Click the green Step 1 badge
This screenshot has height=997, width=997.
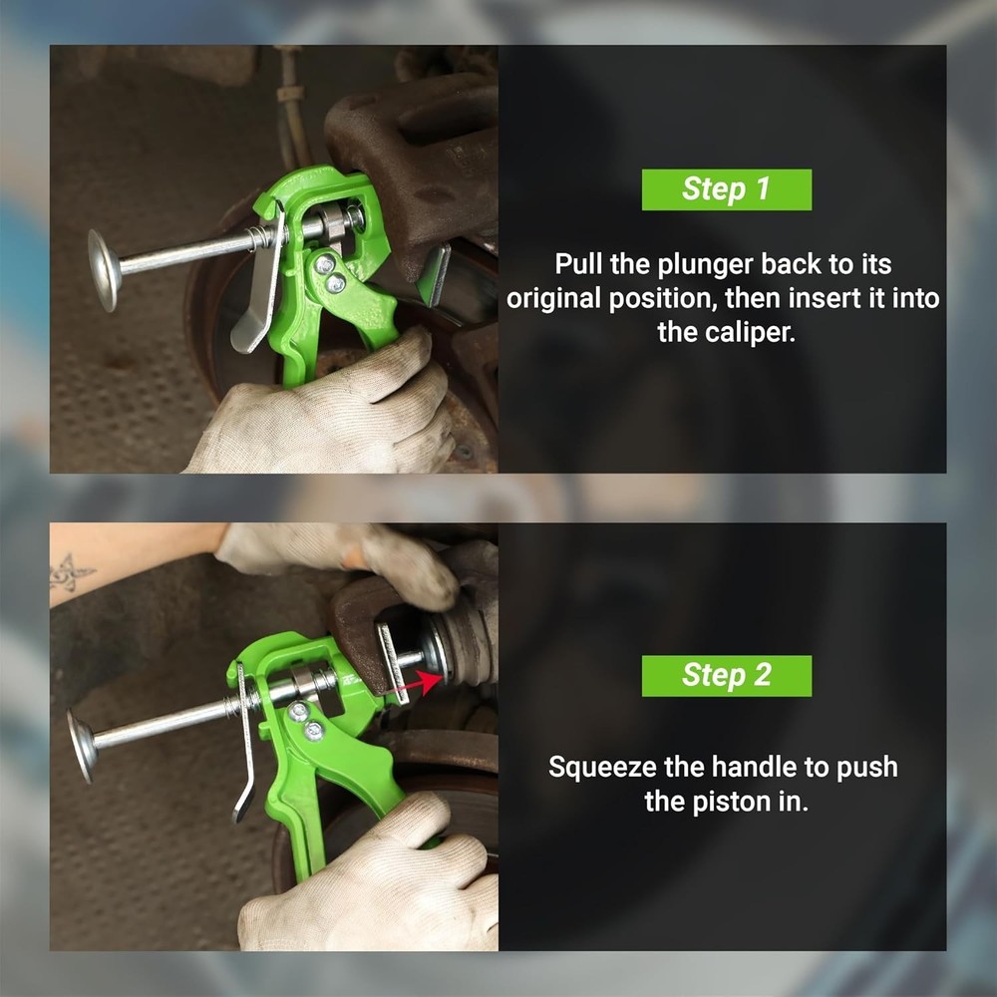click(x=726, y=189)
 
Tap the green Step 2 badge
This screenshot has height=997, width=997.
click(x=726, y=675)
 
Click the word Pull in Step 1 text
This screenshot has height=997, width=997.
click(x=577, y=265)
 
